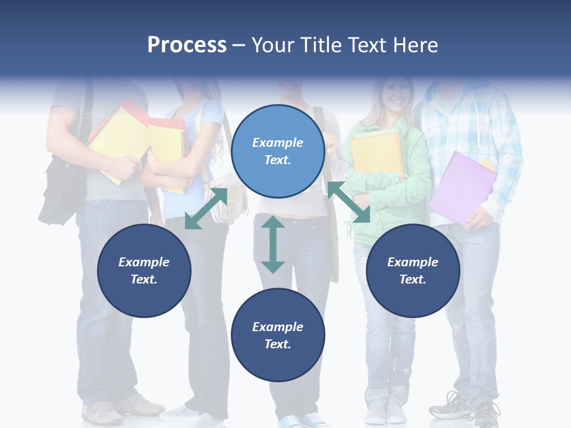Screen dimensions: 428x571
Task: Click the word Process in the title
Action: tap(187, 45)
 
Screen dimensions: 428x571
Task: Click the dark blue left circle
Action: tap(144, 270)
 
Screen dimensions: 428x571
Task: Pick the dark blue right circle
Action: tap(413, 270)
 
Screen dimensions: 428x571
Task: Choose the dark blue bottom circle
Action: tap(278, 335)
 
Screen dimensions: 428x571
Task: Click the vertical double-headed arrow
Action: tap(273, 244)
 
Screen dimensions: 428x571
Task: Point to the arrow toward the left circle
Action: tap(206, 209)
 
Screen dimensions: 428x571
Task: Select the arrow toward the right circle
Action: tap(349, 203)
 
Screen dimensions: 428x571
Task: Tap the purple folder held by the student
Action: tap(460, 187)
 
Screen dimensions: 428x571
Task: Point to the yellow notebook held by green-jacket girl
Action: tap(376, 152)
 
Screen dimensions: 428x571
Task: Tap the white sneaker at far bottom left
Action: tap(102, 412)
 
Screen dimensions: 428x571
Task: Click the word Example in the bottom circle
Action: tap(278, 327)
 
